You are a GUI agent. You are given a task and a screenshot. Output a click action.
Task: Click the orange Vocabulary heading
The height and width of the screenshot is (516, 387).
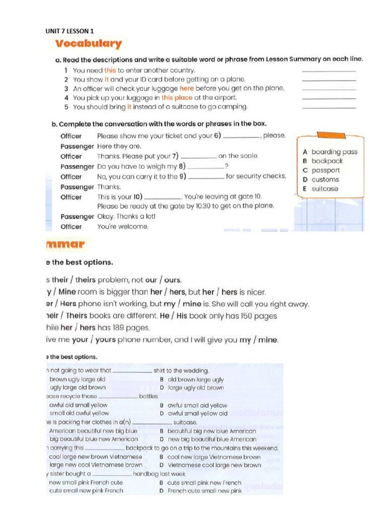[x=89, y=44]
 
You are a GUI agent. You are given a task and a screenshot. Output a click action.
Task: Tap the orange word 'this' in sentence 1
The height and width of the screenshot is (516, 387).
[x=110, y=71]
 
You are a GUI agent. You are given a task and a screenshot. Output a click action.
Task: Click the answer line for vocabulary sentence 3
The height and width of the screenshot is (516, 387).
[x=329, y=89]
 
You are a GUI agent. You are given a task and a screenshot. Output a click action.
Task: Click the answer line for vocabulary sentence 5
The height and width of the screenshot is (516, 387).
[x=329, y=107]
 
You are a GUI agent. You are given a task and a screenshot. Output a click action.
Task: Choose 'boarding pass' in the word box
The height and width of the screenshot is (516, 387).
[x=334, y=152]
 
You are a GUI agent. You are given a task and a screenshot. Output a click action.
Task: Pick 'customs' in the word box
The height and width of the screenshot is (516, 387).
[x=325, y=179]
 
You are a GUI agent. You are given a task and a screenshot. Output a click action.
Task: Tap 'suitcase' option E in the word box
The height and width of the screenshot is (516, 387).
[x=325, y=189]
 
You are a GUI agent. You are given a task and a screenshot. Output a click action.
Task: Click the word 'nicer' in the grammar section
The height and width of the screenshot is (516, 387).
[x=254, y=292]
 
